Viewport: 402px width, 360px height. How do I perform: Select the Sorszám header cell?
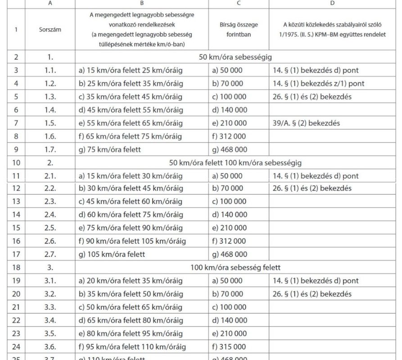click(x=50, y=30)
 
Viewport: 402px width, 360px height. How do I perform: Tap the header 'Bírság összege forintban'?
click(x=239, y=30)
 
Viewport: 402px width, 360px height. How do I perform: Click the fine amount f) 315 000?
click(x=230, y=347)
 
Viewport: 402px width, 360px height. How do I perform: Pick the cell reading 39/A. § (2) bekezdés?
click(x=306, y=123)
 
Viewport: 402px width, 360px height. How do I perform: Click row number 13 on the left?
click(x=16, y=202)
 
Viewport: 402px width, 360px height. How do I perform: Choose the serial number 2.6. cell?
click(x=50, y=241)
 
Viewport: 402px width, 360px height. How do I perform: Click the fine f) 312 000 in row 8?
click(x=229, y=136)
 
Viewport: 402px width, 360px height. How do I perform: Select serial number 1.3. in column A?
click(x=50, y=97)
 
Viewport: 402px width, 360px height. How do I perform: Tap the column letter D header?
click(x=332, y=4)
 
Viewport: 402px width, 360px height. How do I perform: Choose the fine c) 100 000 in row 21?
click(x=230, y=307)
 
